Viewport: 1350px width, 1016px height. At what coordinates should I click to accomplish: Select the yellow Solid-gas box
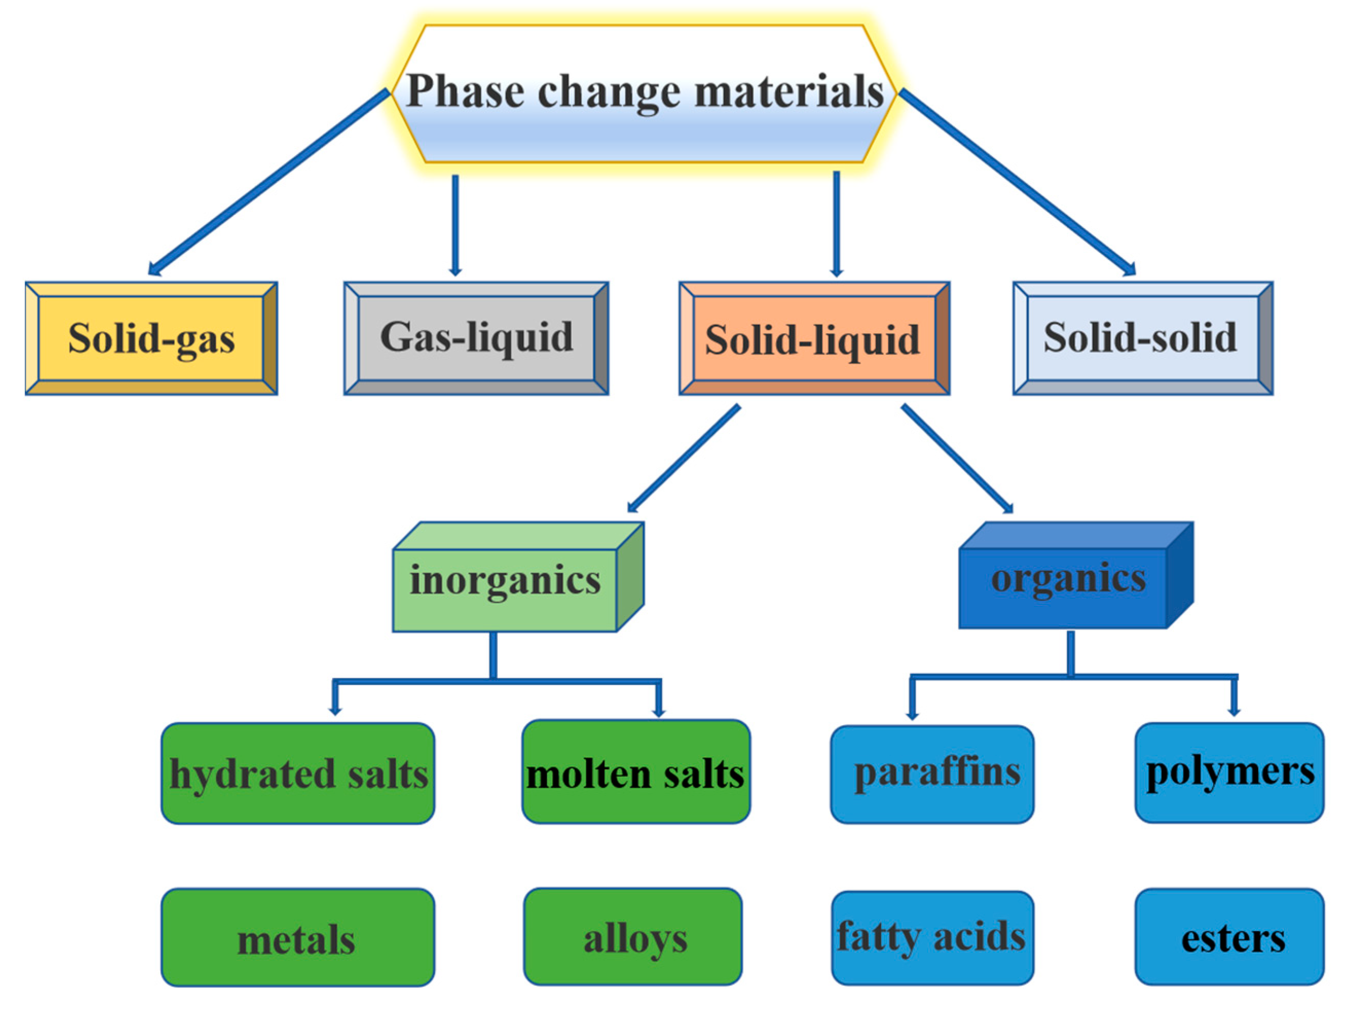(152, 339)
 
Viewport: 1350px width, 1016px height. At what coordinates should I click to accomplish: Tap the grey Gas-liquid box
(476, 339)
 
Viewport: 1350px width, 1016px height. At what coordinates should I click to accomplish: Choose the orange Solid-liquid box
(813, 339)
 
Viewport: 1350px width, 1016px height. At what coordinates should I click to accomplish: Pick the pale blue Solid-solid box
(1142, 339)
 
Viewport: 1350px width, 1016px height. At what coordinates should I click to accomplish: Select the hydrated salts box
(298, 773)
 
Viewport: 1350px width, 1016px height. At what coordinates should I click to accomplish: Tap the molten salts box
(636, 772)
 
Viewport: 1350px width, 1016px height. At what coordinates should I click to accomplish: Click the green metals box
(298, 938)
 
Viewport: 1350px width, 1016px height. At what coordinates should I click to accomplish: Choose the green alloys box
(633, 937)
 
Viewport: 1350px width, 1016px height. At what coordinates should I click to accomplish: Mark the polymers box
(1229, 772)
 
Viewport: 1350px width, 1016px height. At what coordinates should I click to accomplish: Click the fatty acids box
(932, 938)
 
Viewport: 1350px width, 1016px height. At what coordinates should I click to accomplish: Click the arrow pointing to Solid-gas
(269, 182)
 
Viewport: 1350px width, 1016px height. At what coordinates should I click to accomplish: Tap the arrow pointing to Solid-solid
(1018, 182)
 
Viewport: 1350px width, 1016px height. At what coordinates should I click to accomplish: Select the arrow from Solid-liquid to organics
(956, 458)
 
